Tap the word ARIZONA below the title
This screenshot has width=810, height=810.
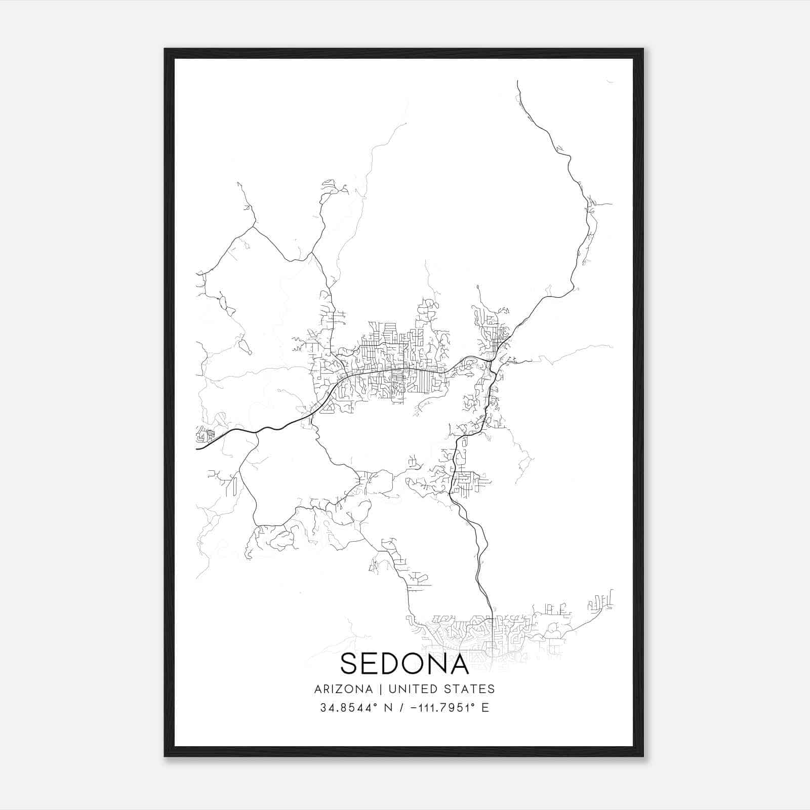point(343,689)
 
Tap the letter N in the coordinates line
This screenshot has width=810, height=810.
point(389,708)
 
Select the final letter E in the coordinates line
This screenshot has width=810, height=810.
point(485,708)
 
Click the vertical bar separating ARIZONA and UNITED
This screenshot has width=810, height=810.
point(378,689)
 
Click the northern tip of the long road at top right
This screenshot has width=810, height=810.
point(517,81)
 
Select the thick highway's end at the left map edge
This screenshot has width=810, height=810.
point(197,448)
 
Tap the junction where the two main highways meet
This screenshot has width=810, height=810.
point(493,360)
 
